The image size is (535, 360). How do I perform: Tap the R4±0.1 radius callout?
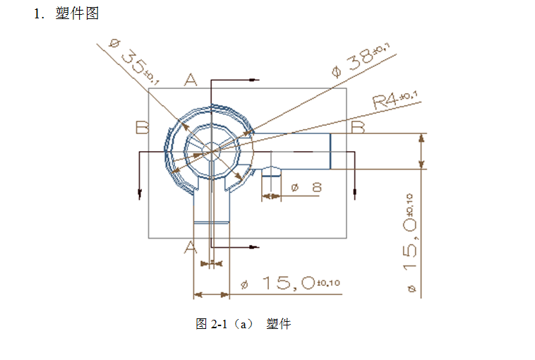tap(395, 100)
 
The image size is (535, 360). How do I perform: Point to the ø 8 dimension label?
tap(306, 187)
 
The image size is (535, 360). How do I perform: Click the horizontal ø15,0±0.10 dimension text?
tap(289, 283)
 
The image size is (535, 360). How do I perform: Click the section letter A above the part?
tap(191, 80)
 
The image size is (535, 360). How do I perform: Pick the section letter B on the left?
tap(142, 127)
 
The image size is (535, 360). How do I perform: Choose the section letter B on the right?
tap(359, 126)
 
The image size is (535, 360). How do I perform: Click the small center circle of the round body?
tap(211, 150)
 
